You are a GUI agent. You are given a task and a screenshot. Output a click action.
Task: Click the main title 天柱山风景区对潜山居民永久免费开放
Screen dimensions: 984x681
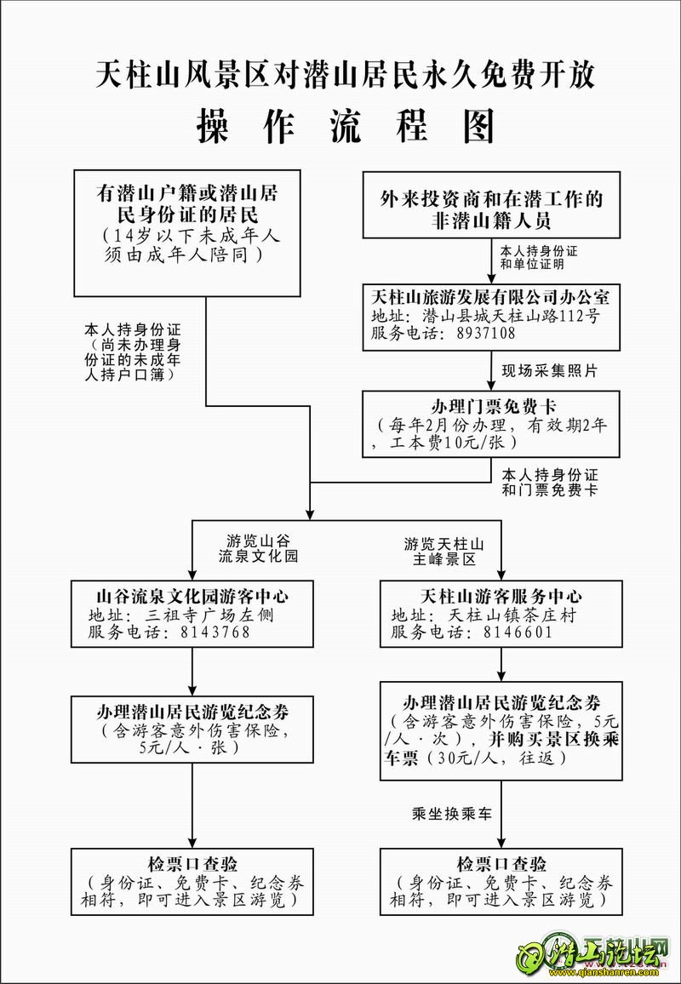tap(345, 75)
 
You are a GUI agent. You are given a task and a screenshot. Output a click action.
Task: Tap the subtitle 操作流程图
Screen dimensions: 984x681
tap(345, 127)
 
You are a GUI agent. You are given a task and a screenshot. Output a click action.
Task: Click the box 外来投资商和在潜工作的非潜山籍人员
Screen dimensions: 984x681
tap(491, 206)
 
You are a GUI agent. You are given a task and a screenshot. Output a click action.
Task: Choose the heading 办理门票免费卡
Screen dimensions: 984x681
tap(491, 405)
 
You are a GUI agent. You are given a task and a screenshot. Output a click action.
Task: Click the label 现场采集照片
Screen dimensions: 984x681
tap(548, 371)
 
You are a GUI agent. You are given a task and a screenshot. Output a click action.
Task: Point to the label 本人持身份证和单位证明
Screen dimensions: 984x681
tap(538, 258)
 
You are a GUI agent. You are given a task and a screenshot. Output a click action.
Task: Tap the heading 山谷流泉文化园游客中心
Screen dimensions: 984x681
tap(192, 594)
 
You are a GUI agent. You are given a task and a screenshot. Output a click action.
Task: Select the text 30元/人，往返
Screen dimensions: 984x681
tap(496, 758)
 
